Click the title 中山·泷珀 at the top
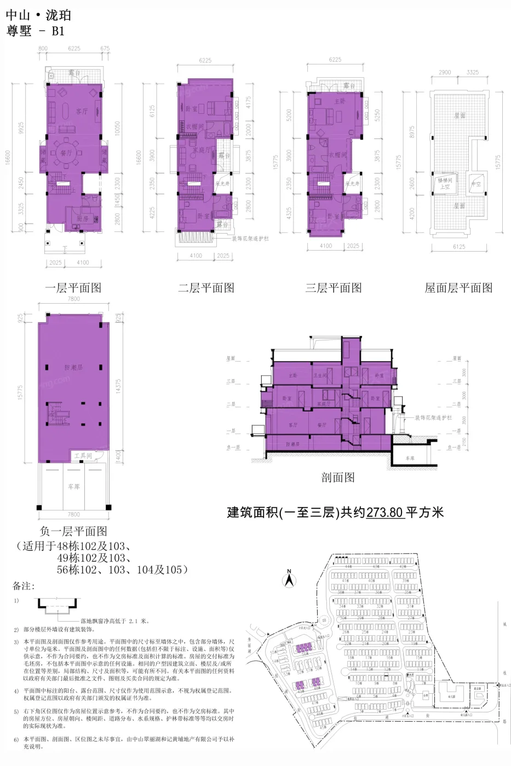[x=38, y=15]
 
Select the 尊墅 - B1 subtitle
[x=36, y=31]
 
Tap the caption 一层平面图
[x=73, y=288]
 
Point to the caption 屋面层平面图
[x=458, y=288]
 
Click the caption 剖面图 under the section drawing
[x=338, y=477]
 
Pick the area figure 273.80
[x=384, y=513]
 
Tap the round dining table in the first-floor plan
[x=66, y=153]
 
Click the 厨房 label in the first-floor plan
[x=83, y=218]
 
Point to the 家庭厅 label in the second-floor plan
[x=200, y=149]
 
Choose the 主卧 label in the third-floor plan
[x=340, y=102]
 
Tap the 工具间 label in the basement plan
[x=83, y=455]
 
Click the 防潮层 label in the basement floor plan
[x=73, y=367]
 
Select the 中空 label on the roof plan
[x=476, y=184]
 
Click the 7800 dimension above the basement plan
[x=73, y=299]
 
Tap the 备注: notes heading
[x=24, y=586]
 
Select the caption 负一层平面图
[x=73, y=531]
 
